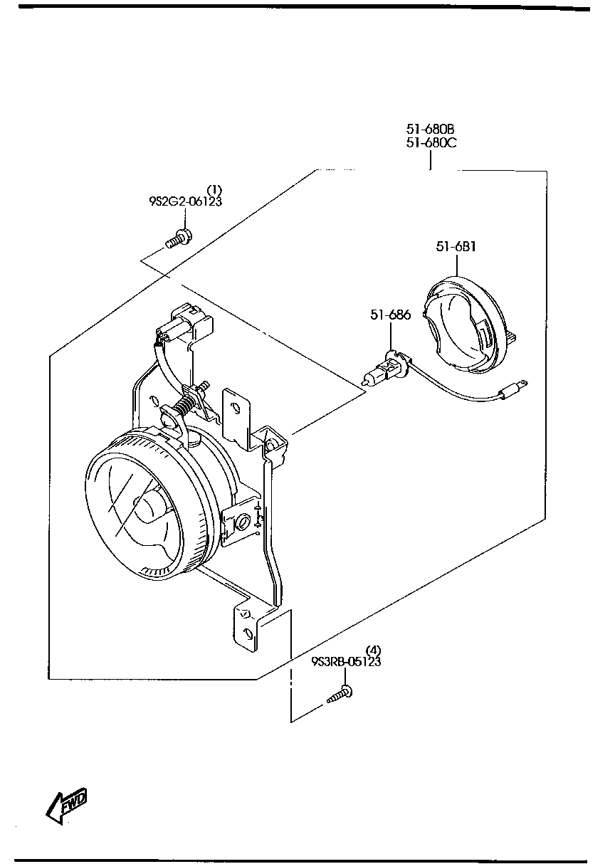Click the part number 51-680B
click(430, 129)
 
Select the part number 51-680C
click(431, 142)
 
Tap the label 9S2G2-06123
click(185, 201)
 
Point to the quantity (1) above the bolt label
click(214, 190)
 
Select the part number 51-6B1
click(456, 247)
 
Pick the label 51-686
click(389, 315)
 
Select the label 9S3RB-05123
click(346, 661)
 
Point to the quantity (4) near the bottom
click(373, 650)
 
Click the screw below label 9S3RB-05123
click(340, 695)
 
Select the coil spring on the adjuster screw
click(184, 406)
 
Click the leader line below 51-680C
click(431, 160)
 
